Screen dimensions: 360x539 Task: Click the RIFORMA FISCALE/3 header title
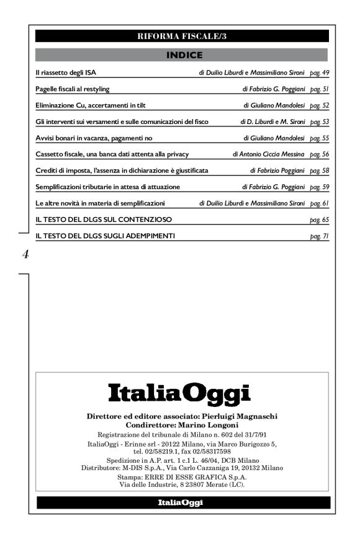182,36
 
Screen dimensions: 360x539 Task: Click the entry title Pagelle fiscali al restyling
73,89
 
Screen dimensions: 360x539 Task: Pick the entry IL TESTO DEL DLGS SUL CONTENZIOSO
104,220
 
